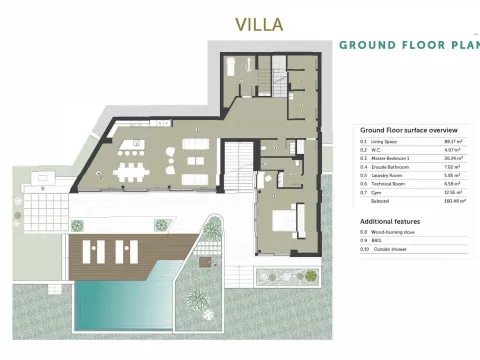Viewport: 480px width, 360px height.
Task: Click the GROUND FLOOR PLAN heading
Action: coord(408,45)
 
